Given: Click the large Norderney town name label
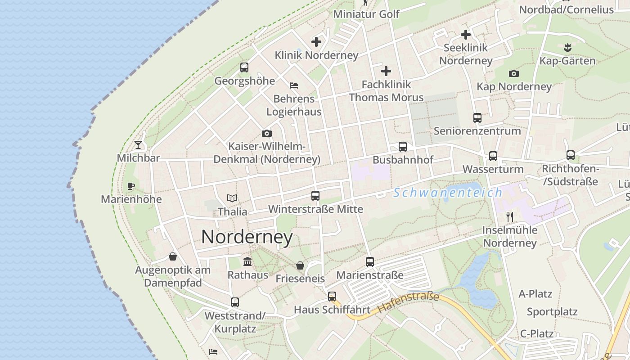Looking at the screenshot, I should (247, 237).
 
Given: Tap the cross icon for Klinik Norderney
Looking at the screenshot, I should (316, 42).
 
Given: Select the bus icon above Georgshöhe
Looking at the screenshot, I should (244, 67).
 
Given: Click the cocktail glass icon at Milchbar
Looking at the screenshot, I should (138, 145).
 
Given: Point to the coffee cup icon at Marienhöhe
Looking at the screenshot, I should (131, 186).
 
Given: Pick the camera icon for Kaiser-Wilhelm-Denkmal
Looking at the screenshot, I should (267, 133).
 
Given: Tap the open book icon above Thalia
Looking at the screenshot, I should (232, 198).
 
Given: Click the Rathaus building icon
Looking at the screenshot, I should (247, 261).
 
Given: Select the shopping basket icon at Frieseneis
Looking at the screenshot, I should (300, 265).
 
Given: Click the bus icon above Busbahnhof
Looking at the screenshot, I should (403, 147).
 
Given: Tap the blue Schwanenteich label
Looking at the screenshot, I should (447, 193).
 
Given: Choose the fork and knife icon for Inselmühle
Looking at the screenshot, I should (510, 217).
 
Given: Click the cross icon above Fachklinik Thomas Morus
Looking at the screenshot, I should (386, 71).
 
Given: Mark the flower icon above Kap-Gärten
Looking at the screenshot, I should (567, 47).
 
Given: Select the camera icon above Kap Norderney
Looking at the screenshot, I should (514, 73).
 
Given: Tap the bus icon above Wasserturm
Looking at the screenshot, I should (493, 156).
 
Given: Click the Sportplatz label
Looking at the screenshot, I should (552, 312).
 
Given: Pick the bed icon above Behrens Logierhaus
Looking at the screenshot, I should (294, 85).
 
